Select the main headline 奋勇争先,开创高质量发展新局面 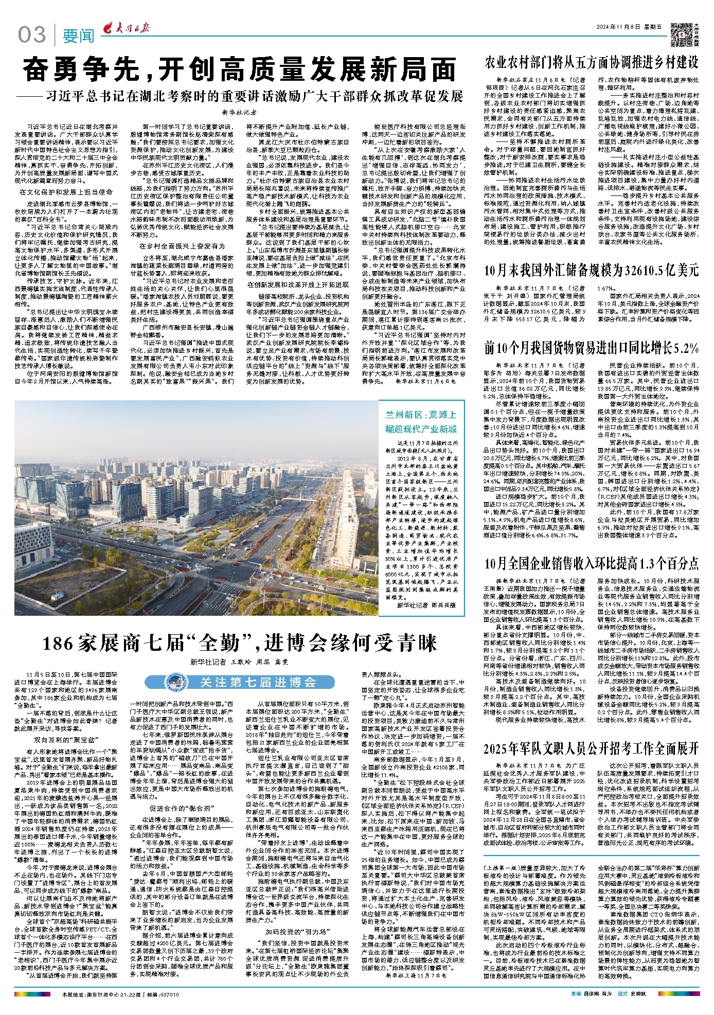coord(240,70)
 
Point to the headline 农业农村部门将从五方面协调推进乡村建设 coord(591,63)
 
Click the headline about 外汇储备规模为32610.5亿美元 coord(591,270)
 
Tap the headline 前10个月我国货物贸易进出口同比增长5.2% coord(591,348)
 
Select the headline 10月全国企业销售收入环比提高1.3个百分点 coord(591,563)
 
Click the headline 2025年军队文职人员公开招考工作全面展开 coord(591,748)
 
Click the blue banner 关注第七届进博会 coord(258,682)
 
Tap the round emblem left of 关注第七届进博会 coord(173,682)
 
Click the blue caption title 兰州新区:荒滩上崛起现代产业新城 coord(421,422)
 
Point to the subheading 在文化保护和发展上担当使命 coord(66,192)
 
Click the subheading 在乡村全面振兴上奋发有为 coord(182,246)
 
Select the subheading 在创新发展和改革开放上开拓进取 coord(298,284)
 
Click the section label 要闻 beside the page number coord(79,36)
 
